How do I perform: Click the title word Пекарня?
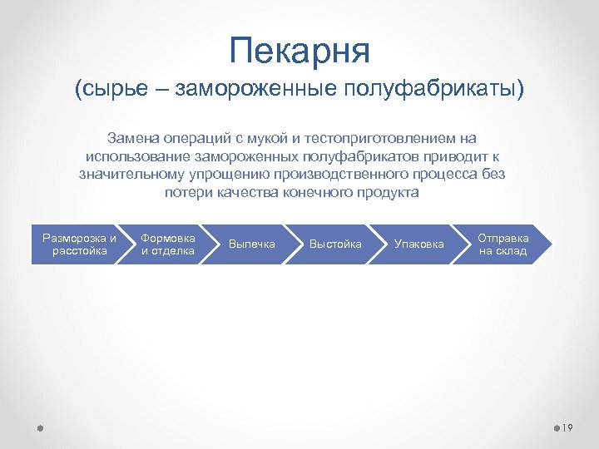[x=299, y=51]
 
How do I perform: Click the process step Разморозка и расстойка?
[x=78, y=244]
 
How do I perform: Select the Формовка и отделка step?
[x=167, y=244]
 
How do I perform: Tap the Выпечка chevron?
[x=251, y=244]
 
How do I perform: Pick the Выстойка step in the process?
[x=335, y=244]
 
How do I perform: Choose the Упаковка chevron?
[x=418, y=244]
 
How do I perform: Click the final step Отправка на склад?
[x=502, y=244]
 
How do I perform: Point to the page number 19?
[x=568, y=427]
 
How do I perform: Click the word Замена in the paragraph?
[x=129, y=138]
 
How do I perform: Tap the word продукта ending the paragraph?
[x=389, y=193]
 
